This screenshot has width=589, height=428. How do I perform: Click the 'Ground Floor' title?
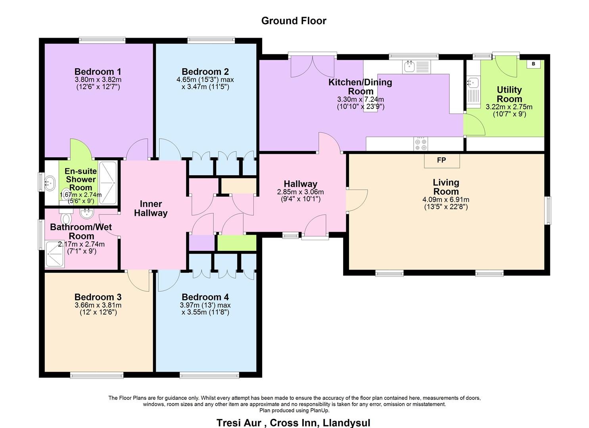coord(294,21)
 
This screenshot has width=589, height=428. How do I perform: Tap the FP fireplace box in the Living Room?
coord(441,160)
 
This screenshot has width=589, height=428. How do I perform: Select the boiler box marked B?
coord(533,64)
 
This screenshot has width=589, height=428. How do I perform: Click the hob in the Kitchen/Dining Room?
coord(421,143)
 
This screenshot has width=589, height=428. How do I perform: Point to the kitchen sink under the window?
coord(409,67)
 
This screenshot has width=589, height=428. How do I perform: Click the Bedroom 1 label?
coord(98,72)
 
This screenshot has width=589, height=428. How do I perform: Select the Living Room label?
coord(446,187)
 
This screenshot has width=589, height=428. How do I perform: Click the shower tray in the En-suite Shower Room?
coord(107,183)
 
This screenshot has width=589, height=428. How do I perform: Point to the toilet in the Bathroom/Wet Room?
coord(66,218)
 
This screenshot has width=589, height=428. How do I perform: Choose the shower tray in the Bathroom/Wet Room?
coord(55,254)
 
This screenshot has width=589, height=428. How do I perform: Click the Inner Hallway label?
coord(151,208)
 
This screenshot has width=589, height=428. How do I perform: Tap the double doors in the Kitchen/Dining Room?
coord(313,67)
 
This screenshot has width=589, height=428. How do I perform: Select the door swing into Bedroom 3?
coord(138,281)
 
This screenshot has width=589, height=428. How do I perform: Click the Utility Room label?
coord(509,94)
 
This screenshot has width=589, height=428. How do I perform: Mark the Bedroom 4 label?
coord(205,297)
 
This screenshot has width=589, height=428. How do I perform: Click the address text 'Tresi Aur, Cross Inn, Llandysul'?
coord(293,422)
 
